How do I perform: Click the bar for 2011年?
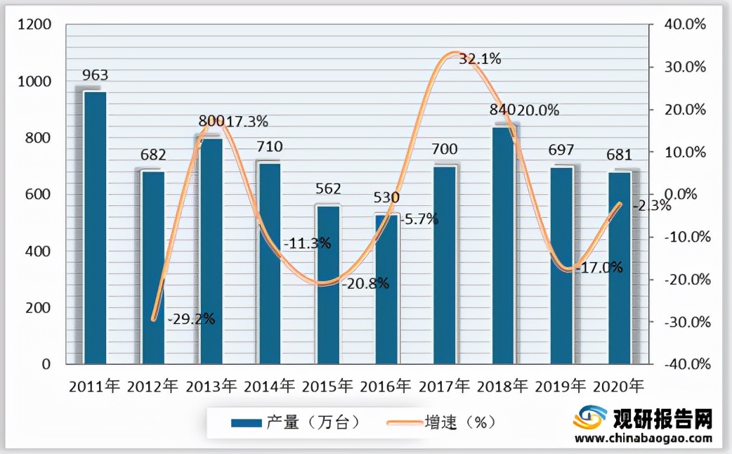pyautogui.click(x=95, y=228)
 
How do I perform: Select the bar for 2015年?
pyautogui.click(x=328, y=285)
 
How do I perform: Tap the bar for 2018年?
pyautogui.click(x=503, y=245)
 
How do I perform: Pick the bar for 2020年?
pyautogui.click(x=620, y=268)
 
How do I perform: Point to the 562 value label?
pyautogui.click(x=328, y=189)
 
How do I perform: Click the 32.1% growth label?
pyautogui.click(x=480, y=60)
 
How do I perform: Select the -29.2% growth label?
pyautogui.click(x=191, y=318)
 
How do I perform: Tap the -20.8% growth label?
pyautogui.click(x=365, y=284)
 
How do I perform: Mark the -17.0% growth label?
pyautogui.click(x=599, y=268)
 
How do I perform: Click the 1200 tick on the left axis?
pyautogui.click(x=35, y=25)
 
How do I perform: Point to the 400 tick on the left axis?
pyautogui.click(x=39, y=252)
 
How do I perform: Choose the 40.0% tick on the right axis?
pyautogui.click(x=685, y=25)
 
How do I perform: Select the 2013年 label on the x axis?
pyautogui.click(x=212, y=386)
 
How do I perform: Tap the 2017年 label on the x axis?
pyautogui.click(x=445, y=386)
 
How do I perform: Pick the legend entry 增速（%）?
pyautogui.click(x=460, y=422)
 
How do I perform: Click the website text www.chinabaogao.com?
pyautogui.click(x=643, y=439)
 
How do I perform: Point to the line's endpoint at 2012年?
pyautogui.click(x=154, y=320)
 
